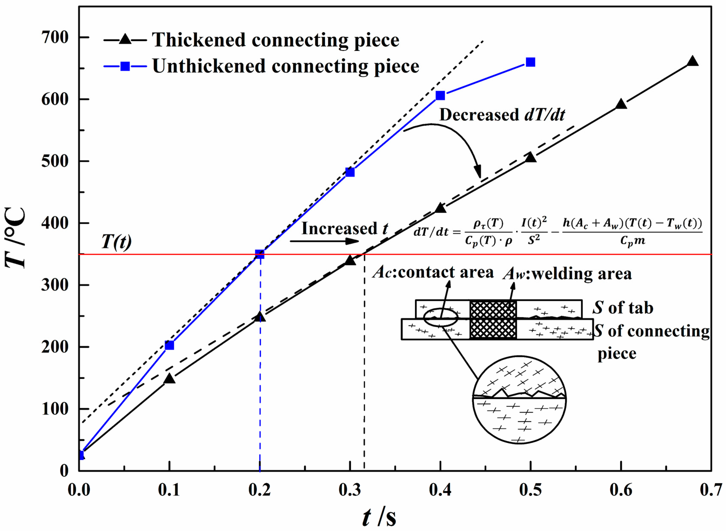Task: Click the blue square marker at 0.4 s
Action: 440,95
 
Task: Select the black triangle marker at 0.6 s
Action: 621,104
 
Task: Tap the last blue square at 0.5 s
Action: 530,62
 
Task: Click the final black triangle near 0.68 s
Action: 693,61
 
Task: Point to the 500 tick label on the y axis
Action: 55,161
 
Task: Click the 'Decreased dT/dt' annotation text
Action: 502,115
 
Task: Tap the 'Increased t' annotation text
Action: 344,229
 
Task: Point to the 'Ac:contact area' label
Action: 433,272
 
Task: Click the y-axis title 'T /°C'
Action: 15,238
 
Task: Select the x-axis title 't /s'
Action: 379,518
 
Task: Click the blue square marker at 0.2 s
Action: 260,254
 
